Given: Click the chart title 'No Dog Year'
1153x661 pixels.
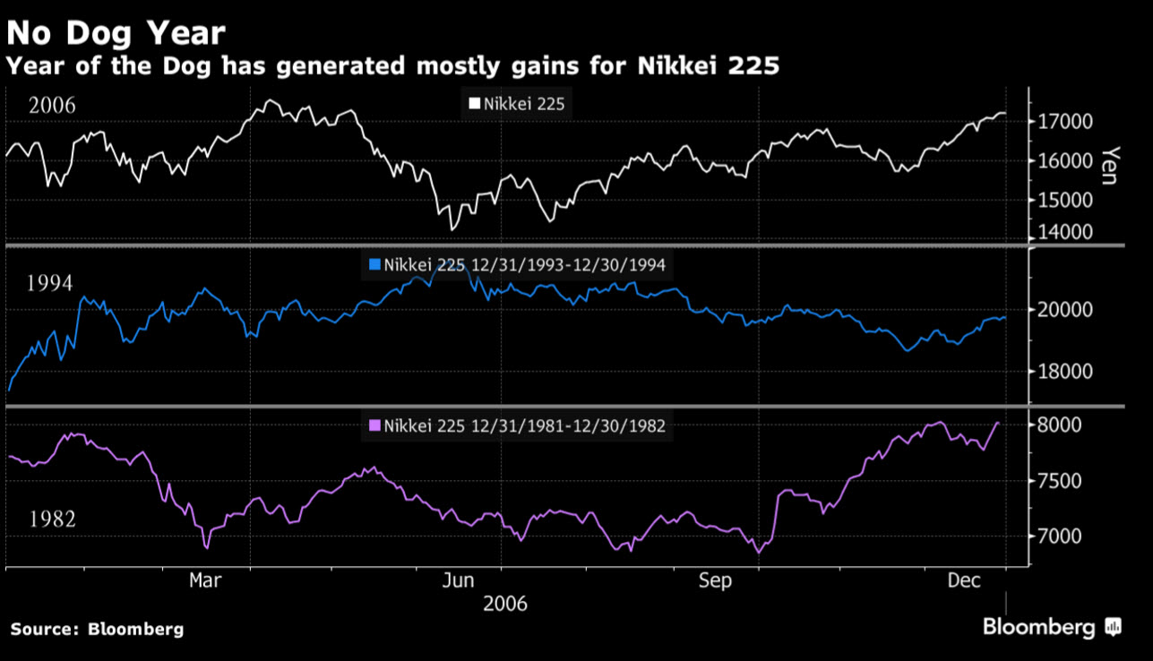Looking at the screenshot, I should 116,34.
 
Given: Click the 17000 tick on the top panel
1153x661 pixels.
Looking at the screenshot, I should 1065,121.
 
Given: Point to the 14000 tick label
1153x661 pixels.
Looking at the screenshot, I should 1065,232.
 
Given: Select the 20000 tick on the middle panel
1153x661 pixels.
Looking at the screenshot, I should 1065,310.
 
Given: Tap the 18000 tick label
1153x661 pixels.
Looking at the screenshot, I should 1065,372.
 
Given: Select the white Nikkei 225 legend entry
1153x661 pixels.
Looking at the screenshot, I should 517,104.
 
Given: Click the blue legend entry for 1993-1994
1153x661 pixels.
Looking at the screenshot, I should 517,265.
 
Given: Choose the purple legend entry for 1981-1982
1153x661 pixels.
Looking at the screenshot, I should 517,426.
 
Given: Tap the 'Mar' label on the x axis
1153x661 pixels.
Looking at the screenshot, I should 205,581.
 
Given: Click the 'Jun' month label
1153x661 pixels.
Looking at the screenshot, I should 458,581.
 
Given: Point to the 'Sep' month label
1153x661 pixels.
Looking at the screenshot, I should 715,581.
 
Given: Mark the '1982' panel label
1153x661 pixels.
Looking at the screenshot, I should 52,519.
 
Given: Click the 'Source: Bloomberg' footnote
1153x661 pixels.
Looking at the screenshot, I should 97,629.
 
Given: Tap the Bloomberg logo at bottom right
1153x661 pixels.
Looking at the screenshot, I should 1051,626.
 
